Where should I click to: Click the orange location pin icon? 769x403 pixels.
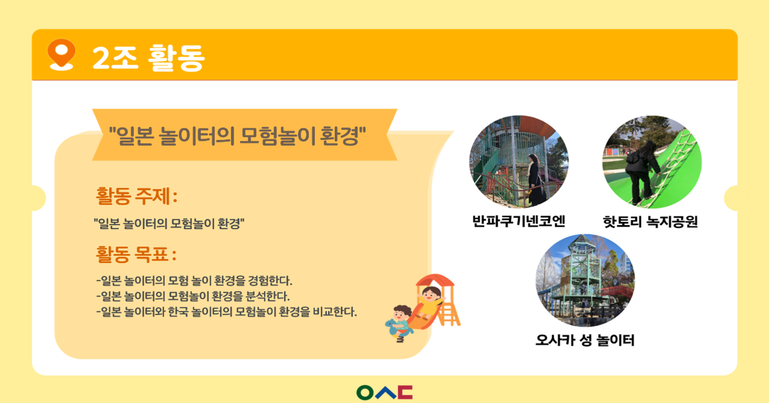pos(61,54)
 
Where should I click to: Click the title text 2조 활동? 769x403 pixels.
pos(148,57)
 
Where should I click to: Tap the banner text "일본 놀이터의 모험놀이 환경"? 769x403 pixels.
pos(237,136)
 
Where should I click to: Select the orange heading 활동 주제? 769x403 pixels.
pos(136,197)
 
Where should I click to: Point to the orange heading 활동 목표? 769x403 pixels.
pos(136,254)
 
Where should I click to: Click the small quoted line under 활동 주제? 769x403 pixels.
pos(169,224)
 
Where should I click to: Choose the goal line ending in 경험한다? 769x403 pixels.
pos(194,281)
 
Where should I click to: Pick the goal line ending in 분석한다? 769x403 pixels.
pos(193,296)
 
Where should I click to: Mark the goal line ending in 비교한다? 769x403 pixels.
pos(227,312)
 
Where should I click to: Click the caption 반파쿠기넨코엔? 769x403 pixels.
pos(518,221)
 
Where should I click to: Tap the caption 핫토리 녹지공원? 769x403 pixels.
pos(650,222)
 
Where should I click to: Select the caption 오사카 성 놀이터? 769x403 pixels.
pos(585,340)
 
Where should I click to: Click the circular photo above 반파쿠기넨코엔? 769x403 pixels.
pos(519,162)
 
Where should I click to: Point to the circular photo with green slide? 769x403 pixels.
pos(652,162)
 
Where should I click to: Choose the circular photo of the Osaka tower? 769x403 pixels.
pos(585,280)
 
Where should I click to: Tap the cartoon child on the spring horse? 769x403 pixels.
pos(400,323)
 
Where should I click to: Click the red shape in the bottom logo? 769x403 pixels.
pos(406,392)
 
